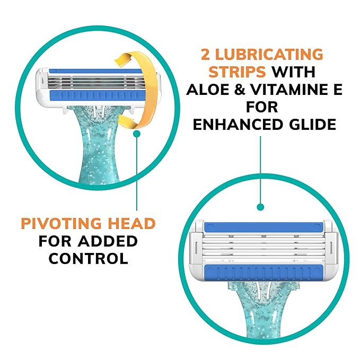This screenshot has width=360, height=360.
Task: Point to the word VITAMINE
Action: pos(291,90)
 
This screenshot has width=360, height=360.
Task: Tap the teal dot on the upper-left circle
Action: pos(137,135)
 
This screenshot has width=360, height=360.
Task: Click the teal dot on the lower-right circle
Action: pos(260,206)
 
